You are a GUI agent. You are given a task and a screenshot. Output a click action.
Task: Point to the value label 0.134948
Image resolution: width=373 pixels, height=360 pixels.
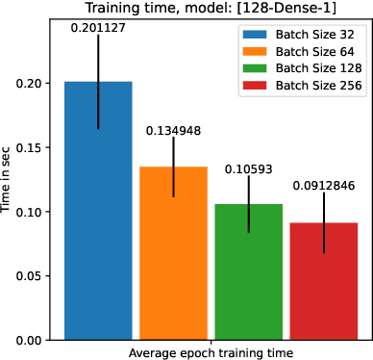tap(173, 129)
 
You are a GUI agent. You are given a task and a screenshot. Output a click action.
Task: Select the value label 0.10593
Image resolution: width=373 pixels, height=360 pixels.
tap(248, 168)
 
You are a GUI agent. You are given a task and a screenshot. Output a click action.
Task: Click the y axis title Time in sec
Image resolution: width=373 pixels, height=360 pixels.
tap(9, 179)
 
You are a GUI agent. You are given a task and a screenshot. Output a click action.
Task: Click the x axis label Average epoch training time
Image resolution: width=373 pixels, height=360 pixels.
tap(211, 352)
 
